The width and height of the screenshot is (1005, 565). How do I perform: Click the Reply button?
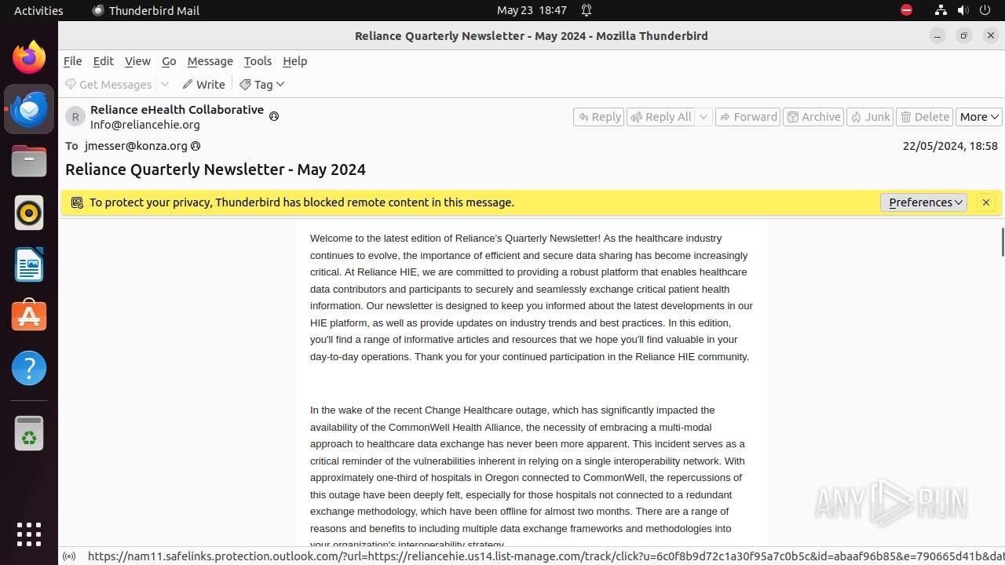[x=598, y=117]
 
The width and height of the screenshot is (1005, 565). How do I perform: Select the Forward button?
[x=747, y=117]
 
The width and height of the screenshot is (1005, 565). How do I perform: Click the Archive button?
[x=813, y=117]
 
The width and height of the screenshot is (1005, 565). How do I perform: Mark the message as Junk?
[x=869, y=117]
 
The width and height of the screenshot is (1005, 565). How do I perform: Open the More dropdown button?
[x=978, y=117]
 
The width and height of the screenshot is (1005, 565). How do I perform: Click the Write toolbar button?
[x=203, y=84]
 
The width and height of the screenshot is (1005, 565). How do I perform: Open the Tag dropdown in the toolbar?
[x=262, y=84]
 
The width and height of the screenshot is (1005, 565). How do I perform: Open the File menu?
[x=72, y=61]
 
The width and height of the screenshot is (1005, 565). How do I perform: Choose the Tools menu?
[x=258, y=61]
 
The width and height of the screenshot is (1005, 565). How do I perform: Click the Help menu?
[x=294, y=61]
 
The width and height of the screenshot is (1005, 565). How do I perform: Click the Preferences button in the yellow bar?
[x=923, y=202]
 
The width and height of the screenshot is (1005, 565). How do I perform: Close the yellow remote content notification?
[x=986, y=202]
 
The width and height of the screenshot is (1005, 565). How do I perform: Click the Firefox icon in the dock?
[x=29, y=57]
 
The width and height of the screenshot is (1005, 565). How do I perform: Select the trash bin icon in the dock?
[x=29, y=434]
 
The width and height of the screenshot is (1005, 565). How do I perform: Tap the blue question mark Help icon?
[x=29, y=368]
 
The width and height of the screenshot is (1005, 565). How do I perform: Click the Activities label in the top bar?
[x=38, y=10]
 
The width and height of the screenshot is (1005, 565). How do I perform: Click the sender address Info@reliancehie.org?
[x=145, y=125]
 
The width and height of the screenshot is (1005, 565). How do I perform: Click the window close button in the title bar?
[x=991, y=35]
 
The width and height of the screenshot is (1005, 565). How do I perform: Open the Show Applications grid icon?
[x=29, y=534]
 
